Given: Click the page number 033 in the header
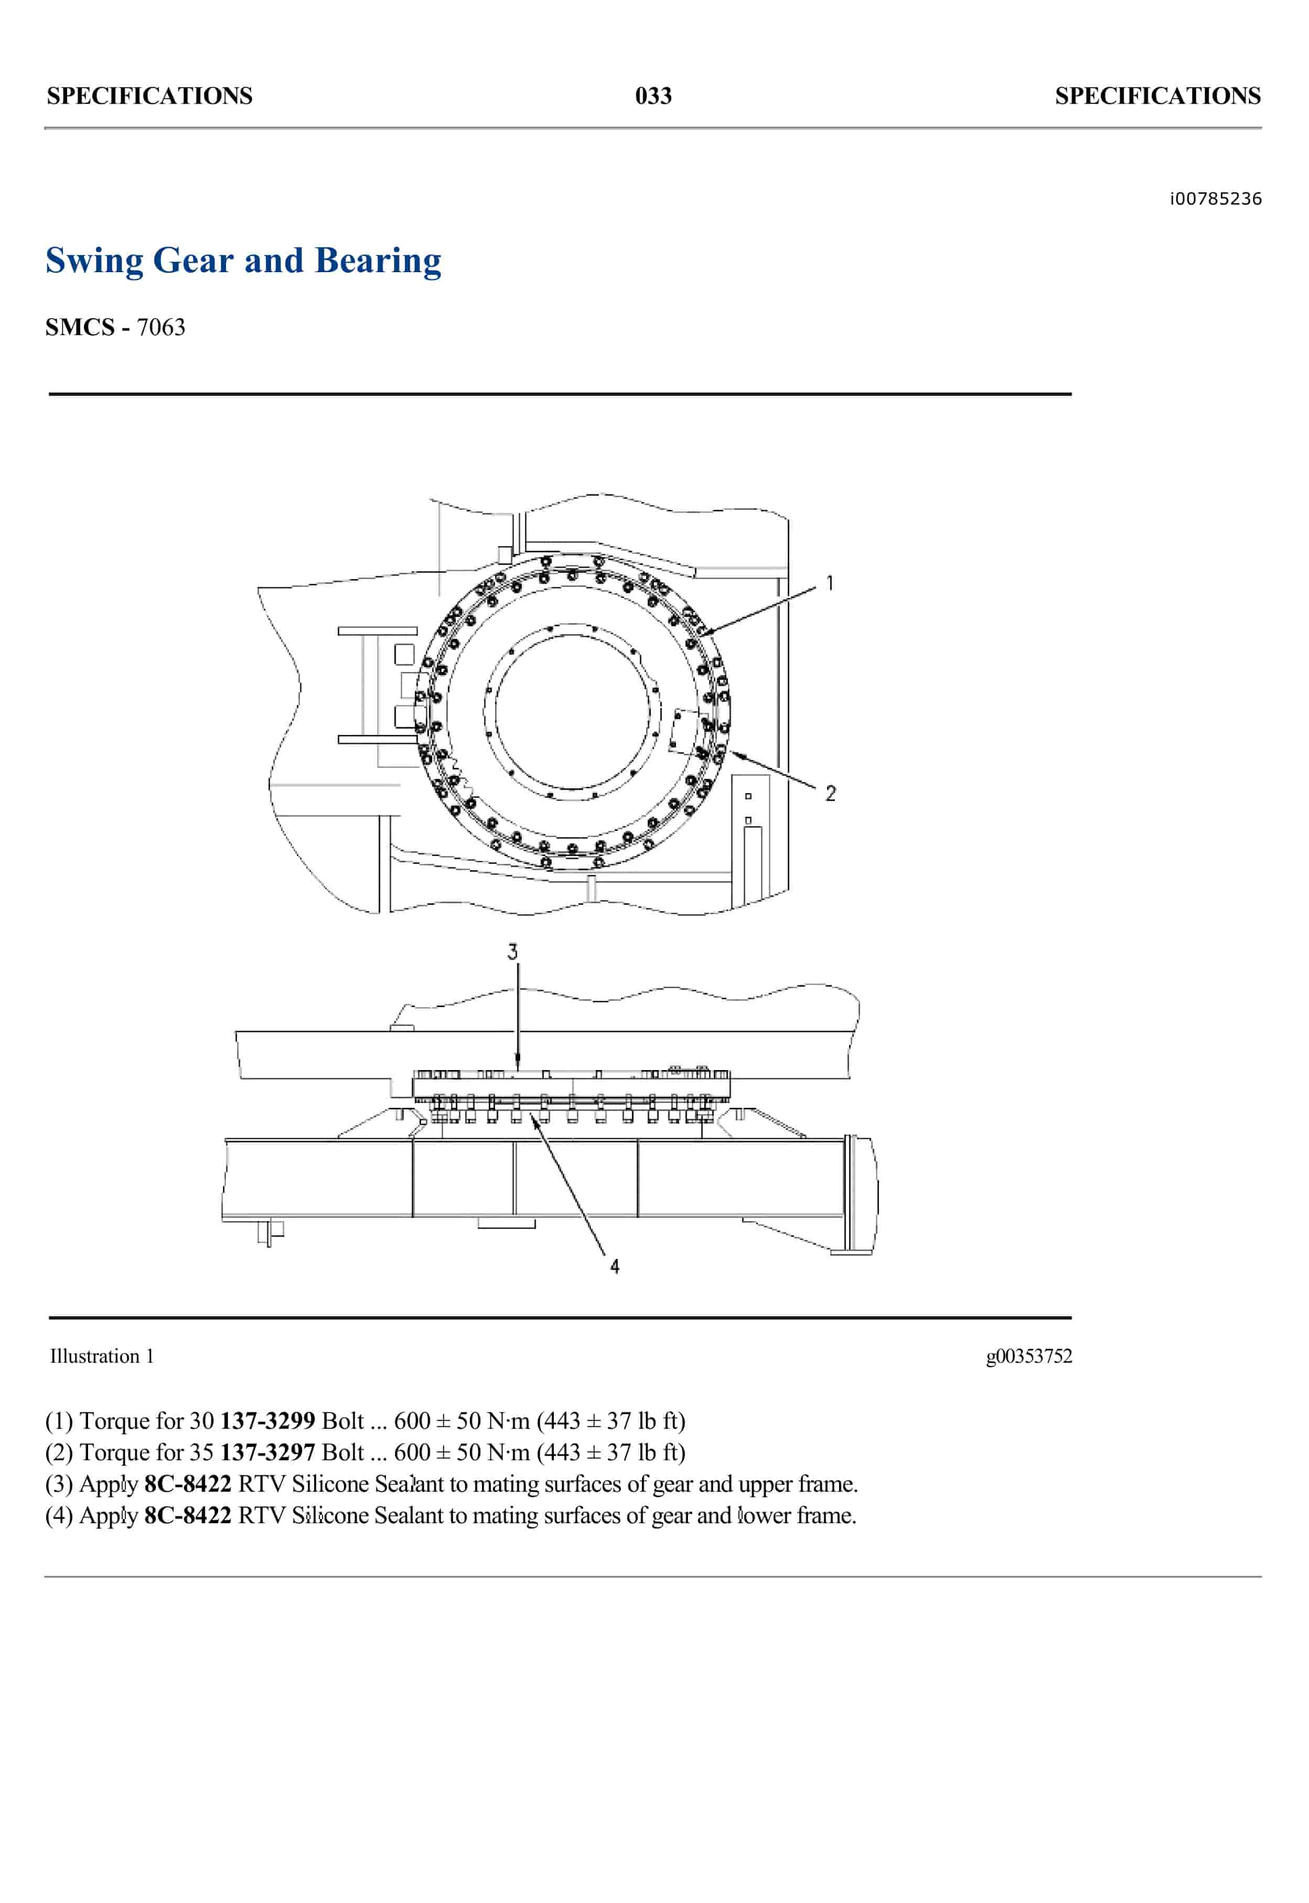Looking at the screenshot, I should pos(653,96).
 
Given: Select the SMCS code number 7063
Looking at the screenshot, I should pos(161,327).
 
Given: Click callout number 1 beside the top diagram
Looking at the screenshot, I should pos(830,583).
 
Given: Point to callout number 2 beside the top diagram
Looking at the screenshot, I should pos(830,793).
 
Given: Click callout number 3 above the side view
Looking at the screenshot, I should pos(512,951).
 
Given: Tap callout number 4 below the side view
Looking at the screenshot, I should pos(614,1266).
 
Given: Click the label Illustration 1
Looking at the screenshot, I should pos(102,1356).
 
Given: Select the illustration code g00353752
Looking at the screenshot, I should pos(1028,1356).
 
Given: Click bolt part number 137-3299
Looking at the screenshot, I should pos(267,1420).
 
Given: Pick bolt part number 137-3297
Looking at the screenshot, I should pos(267,1452).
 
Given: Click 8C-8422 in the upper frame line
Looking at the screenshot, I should pos(188,1484).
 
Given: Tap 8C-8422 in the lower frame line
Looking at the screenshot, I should pos(188,1515).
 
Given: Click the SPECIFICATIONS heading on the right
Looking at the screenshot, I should pos(1157,96).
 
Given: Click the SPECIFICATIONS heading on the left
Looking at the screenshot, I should pos(149,96).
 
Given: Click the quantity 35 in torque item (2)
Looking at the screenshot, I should pos(202,1452).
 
